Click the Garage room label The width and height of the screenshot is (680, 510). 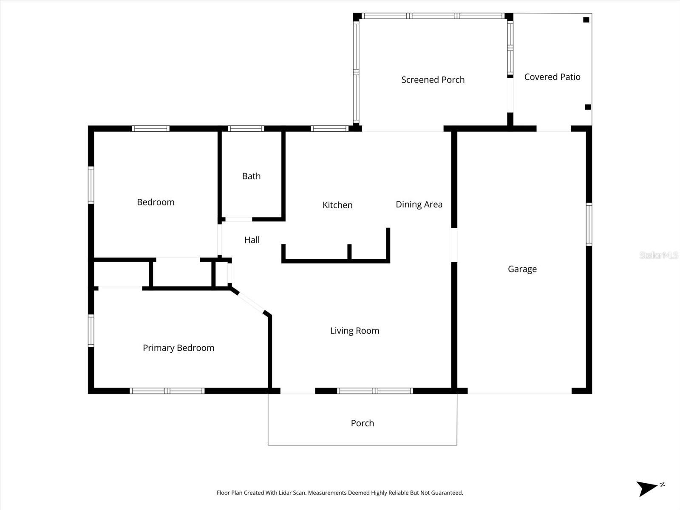522,269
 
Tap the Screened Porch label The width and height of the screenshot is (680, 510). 433,80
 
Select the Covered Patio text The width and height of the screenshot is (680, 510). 552,77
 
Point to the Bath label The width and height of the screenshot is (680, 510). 251,176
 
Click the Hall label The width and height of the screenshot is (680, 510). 252,240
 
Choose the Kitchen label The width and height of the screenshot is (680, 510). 337,205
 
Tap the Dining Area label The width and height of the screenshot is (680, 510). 419,204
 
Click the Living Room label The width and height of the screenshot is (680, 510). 354,331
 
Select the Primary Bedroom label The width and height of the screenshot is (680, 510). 178,348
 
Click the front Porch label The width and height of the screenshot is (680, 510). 362,423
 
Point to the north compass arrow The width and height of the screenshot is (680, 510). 648,488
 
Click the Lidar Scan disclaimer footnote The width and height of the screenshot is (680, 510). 340,493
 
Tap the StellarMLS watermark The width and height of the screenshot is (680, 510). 658,255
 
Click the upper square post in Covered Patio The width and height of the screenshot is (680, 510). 586,20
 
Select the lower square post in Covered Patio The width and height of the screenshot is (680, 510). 588,107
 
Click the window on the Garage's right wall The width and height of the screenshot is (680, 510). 589,224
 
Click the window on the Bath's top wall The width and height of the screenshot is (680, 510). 246,128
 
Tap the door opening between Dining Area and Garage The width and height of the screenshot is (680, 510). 454,245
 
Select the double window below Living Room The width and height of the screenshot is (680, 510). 375,391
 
